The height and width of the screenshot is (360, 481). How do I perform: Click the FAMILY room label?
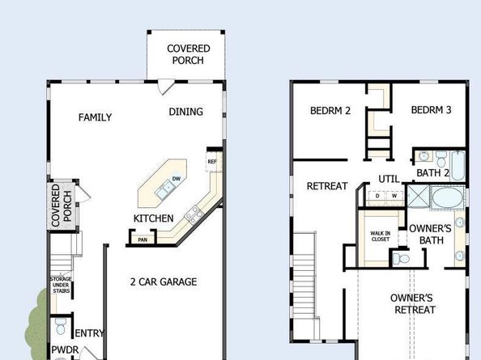pyautogui.click(x=95, y=117)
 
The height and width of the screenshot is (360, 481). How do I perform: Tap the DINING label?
pyautogui.click(x=186, y=112)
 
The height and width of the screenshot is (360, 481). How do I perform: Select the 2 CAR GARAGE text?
pyautogui.click(x=164, y=282)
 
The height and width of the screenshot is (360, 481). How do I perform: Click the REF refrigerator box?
pyautogui.click(x=212, y=162)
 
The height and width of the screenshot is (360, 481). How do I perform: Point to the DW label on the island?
pyautogui.click(x=176, y=179)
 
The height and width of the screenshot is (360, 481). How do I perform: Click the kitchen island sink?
pyautogui.click(x=164, y=189)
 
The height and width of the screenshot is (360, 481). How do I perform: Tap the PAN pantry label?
pyautogui.click(x=143, y=240)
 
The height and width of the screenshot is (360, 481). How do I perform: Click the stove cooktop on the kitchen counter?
pyautogui.click(x=194, y=214)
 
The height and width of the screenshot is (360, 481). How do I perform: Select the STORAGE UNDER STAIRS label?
pyautogui.click(x=61, y=285)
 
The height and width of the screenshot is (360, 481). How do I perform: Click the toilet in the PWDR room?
pyautogui.click(x=61, y=326)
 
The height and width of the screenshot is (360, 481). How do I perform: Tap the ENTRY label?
pyautogui.click(x=89, y=333)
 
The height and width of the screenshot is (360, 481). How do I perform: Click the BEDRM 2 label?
pyautogui.click(x=330, y=111)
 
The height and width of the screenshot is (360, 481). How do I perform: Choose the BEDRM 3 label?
pyautogui.click(x=431, y=110)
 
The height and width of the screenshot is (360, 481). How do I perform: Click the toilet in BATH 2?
pyautogui.click(x=441, y=158)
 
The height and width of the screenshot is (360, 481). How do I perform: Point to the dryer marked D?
pyautogui.click(x=377, y=196)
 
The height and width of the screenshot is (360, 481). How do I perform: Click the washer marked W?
pyautogui.click(x=394, y=196)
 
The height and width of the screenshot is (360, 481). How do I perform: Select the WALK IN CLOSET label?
pyautogui.click(x=381, y=236)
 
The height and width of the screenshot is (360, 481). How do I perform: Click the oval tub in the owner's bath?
pyautogui.click(x=448, y=197)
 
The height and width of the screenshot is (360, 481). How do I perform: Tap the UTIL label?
pyautogui.click(x=389, y=179)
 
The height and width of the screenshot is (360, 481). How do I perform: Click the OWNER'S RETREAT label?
pyautogui.click(x=413, y=304)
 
